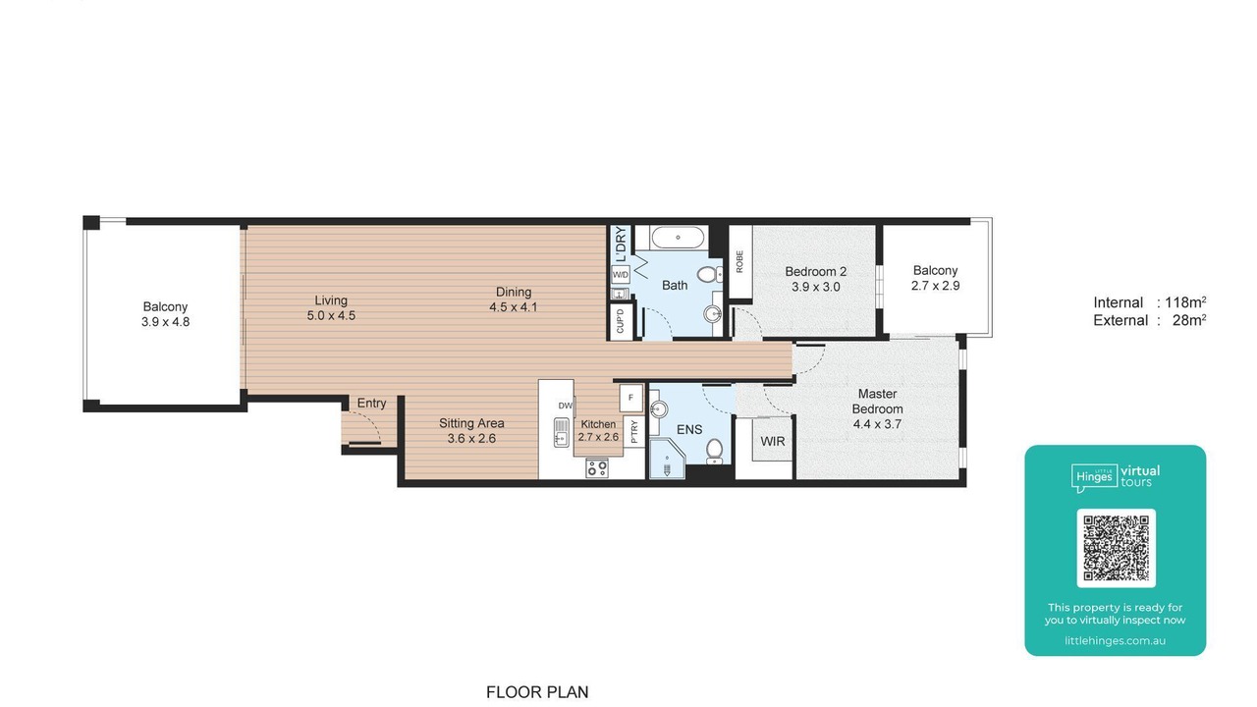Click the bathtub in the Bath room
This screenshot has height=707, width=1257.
pos(678,238)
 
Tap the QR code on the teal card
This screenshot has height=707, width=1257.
pos(1116,548)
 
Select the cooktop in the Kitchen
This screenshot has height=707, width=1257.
pos(596,467)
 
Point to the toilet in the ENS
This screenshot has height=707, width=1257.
pos(714,451)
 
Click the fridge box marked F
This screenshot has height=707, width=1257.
pos(630,398)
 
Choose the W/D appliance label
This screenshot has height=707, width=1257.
pos(620,275)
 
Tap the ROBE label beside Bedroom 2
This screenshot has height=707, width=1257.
pos(739,262)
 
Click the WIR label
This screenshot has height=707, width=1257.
pos(773,442)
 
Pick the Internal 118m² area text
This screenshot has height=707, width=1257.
pos(1150,302)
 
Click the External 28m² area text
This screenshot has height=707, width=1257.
pos(1150,320)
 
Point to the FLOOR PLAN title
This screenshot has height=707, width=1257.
pos(537,692)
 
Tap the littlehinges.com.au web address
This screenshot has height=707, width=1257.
pos(1115,640)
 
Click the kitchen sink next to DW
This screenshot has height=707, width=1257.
pos(561,432)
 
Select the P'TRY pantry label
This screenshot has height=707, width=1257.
pos(634,432)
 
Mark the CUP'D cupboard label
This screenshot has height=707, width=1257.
pos(620,321)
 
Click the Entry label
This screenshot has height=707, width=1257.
pos(371,403)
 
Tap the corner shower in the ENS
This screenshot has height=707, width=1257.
pos(667,460)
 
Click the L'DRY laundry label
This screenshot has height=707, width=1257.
pos(621,245)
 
